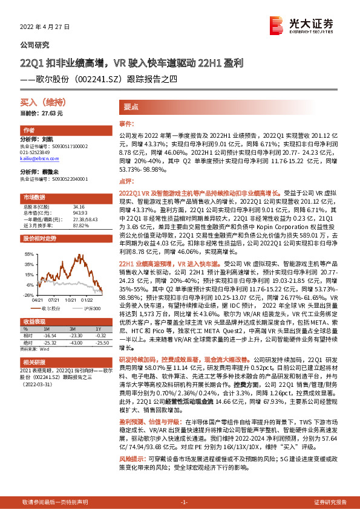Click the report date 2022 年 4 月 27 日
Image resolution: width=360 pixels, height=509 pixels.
tap(45, 27)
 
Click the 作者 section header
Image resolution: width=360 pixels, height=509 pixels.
tap(28, 131)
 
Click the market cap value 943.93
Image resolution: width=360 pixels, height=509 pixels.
tap(62, 212)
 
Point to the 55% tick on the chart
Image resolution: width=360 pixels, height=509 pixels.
tap(28, 254)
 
